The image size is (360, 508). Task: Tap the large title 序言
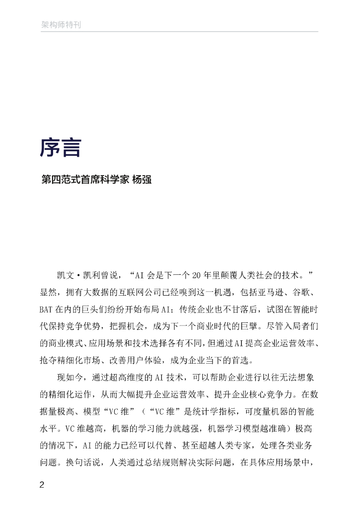coord(60,148)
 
